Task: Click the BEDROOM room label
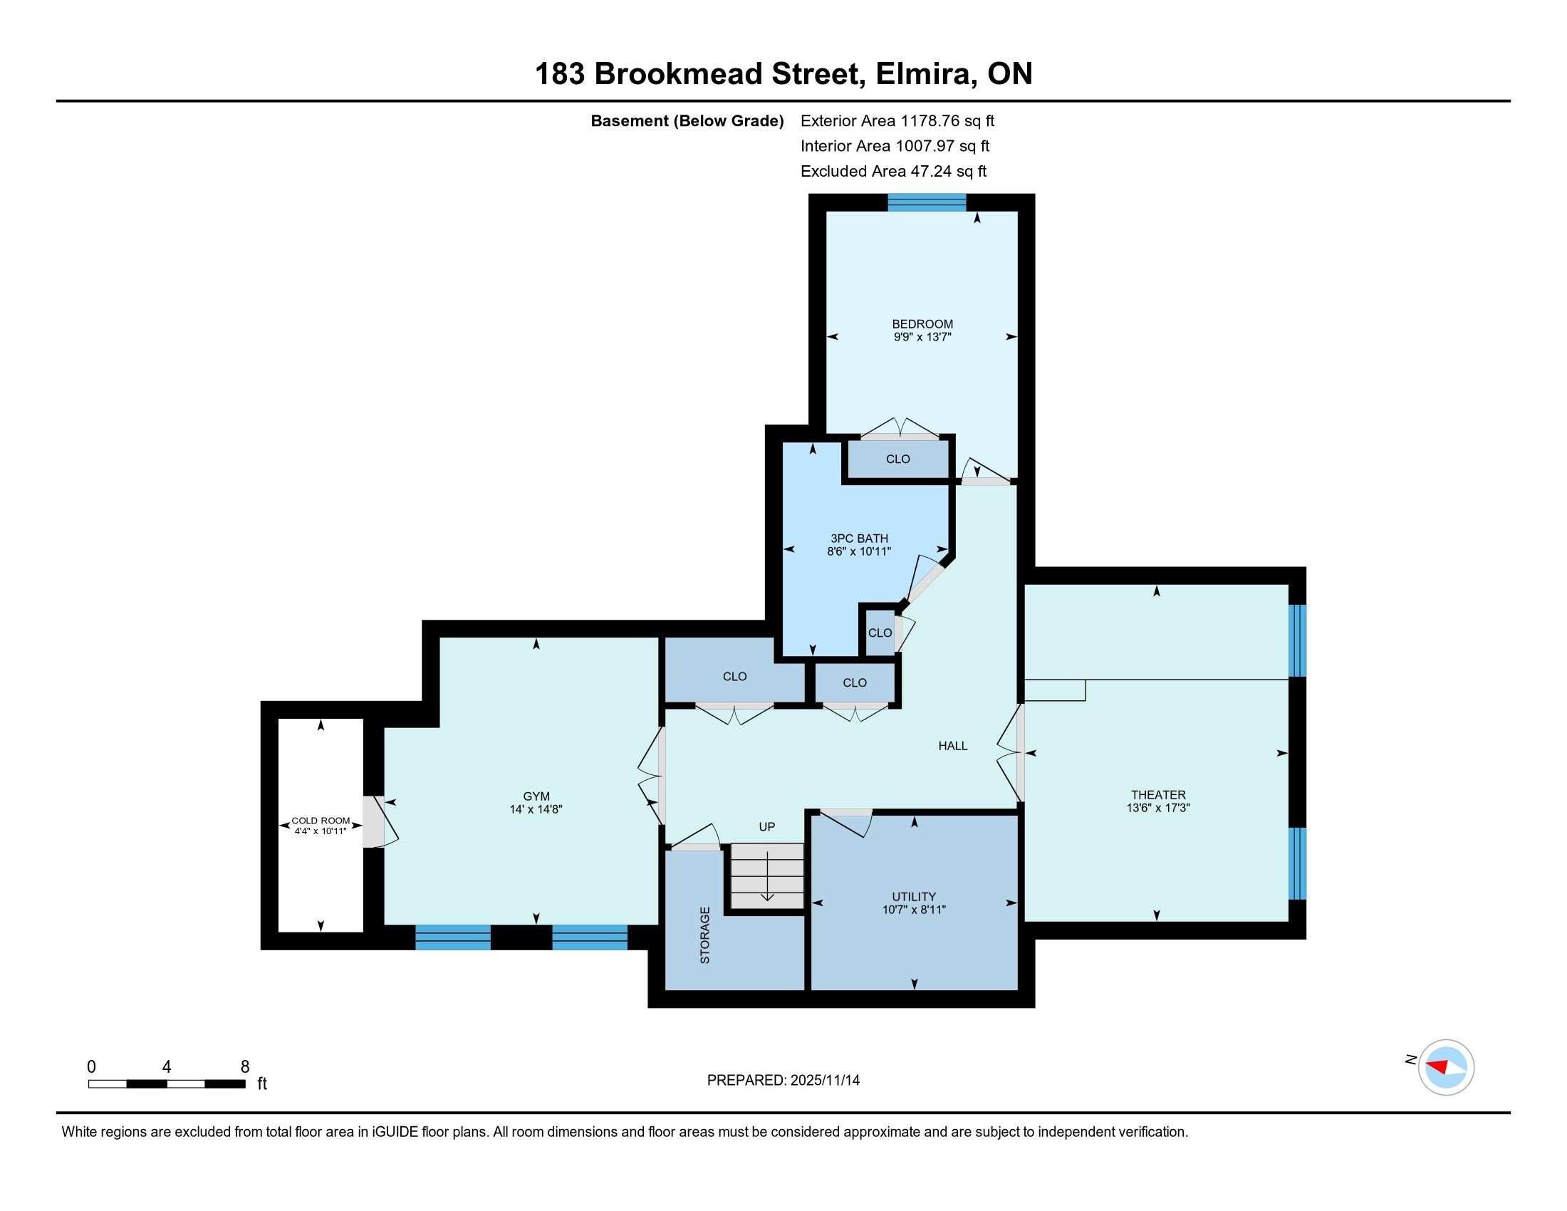click(922, 324)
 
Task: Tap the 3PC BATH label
click(859, 539)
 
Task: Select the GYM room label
click(536, 796)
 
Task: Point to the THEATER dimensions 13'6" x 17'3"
click(1158, 808)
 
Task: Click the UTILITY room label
click(914, 897)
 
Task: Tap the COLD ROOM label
click(321, 821)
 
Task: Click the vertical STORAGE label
click(704, 935)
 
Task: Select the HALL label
click(953, 746)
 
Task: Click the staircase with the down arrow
click(767, 876)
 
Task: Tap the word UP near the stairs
click(767, 826)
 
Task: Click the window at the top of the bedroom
click(926, 202)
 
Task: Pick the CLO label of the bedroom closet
click(897, 459)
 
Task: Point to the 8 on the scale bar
click(244, 1067)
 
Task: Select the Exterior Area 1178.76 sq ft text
click(897, 121)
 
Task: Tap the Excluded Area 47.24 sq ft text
click(894, 172)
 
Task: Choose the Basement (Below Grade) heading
click(687, 121)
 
